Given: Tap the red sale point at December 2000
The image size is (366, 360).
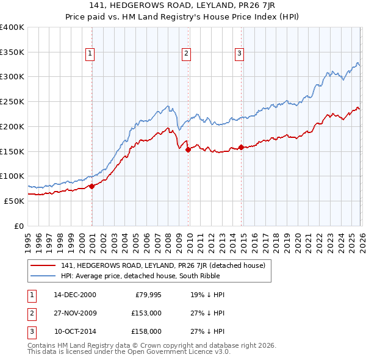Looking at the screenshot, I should [x=91, y=186].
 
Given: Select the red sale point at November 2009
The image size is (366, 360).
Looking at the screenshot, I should [x=188, y=149].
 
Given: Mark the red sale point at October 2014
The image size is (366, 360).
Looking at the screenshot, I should [x=241, y=147].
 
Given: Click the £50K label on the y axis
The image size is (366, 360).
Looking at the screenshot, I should [x=14, y=201].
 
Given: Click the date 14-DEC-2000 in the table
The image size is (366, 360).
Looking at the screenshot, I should [x=75, y=295].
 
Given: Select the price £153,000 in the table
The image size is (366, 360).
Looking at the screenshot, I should [x=146, y=314].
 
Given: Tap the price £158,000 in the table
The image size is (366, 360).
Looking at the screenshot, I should [x=146, y=333].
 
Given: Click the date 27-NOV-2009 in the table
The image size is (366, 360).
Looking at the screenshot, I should [x=75, y=314].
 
